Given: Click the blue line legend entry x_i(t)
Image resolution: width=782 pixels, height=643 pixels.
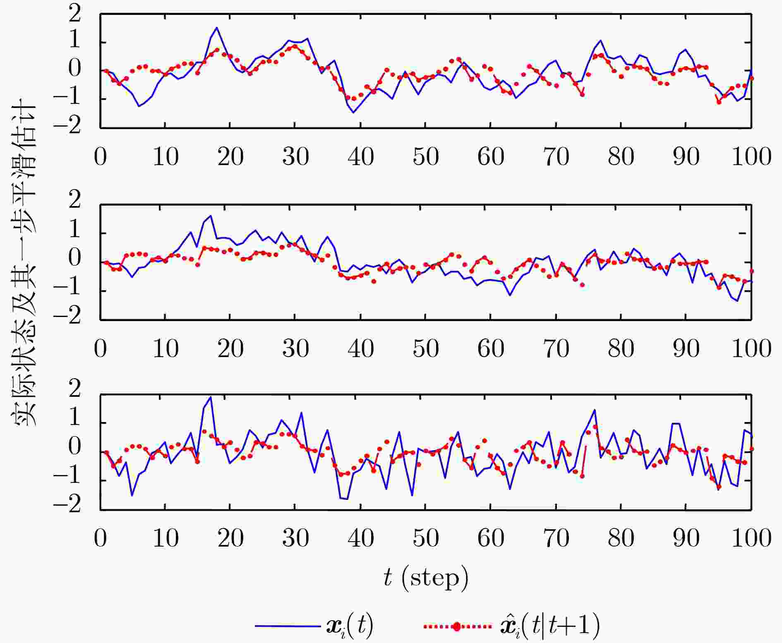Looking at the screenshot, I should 314,626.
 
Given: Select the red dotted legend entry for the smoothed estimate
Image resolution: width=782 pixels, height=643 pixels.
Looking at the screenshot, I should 511,626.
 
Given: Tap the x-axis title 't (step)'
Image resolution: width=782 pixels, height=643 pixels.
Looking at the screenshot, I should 426,578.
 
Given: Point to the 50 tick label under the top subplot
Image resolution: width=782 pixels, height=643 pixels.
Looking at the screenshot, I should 426,157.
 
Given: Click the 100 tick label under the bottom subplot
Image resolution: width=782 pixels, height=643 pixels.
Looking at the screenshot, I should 751,539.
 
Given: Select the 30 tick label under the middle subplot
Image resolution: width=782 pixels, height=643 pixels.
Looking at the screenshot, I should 295,349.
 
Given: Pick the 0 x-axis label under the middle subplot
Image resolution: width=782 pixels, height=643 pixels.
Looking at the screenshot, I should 101,349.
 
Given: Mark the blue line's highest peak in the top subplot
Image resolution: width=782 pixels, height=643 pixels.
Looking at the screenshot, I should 216,28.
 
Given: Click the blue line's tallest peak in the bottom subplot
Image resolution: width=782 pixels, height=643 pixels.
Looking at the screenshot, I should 211,397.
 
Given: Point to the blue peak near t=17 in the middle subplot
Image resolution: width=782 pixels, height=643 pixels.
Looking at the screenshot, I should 211,216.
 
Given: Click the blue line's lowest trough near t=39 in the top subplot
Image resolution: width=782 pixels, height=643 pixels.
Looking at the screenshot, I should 353,113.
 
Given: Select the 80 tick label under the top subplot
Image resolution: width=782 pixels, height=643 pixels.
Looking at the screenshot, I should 621,157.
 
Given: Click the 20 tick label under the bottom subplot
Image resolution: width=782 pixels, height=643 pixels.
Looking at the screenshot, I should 230,539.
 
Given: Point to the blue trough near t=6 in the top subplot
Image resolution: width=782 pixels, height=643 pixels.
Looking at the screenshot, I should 139,106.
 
